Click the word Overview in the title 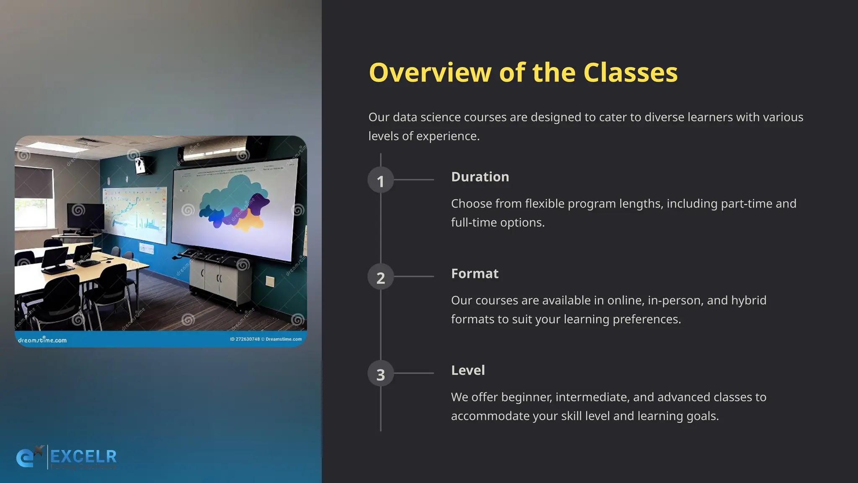[x=430, y=73]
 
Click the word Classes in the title [x=630, y=73]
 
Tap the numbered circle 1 [x=380, y=181]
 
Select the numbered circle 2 [x=380, y=277]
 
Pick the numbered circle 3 [x=380, y=374]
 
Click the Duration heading [x=480, y=177]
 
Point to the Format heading [x=475, y=274]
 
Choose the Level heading [x=468, y=370]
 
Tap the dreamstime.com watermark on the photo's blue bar [x=42, y=340]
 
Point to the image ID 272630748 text [x=245, y=339]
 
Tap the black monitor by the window [x=85, y=217]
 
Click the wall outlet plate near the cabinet [x=270, y=281]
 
